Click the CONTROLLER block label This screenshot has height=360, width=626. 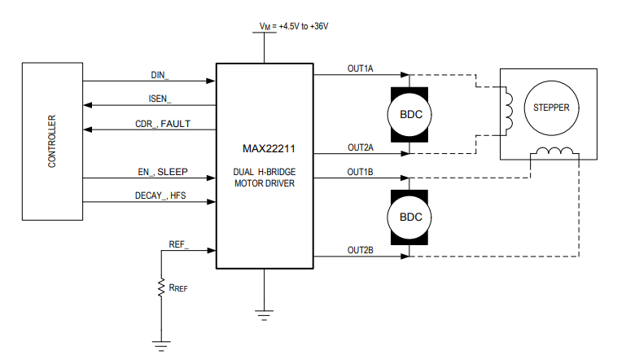52,142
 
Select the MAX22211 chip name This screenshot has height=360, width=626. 265,149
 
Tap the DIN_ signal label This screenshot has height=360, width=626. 160,75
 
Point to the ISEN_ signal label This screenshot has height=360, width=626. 160,99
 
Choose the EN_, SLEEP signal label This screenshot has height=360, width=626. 163,172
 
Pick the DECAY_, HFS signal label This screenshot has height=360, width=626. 162,195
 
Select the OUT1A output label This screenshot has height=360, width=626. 360,69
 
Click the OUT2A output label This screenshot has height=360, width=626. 360,147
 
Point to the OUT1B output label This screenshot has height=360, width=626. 360,172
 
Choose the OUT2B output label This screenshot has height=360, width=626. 360,250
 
